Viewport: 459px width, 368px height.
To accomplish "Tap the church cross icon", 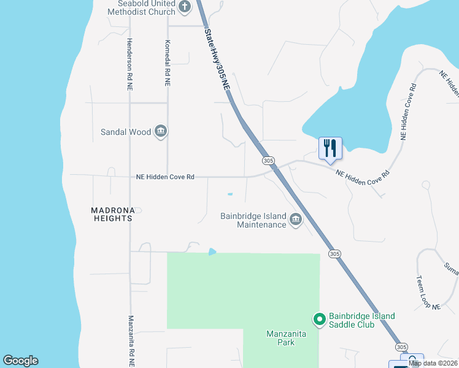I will point(185,7).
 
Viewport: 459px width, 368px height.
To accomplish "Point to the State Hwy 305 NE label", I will point(217,61).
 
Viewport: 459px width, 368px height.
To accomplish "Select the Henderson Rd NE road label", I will point(129,64).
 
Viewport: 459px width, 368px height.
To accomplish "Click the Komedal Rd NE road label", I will point(167,63).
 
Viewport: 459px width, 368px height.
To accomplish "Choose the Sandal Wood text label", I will point(126,132).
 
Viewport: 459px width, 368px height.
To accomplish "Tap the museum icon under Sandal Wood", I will point(161,131).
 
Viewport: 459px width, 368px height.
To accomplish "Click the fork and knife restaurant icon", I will point(330,147).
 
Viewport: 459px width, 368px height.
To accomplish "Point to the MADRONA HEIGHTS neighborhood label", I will point(112,213).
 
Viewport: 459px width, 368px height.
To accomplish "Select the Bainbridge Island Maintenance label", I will point(253,220).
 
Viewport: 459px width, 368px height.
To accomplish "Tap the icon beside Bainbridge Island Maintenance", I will point(296,220).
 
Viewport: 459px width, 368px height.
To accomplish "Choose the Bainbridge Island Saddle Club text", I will point(362,320).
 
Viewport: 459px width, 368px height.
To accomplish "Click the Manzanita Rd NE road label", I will point(131,341).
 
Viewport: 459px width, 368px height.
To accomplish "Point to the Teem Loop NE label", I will point(428,293).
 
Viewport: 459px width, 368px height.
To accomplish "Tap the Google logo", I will point(21,361).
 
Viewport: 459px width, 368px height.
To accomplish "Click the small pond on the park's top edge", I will point(212,251).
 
